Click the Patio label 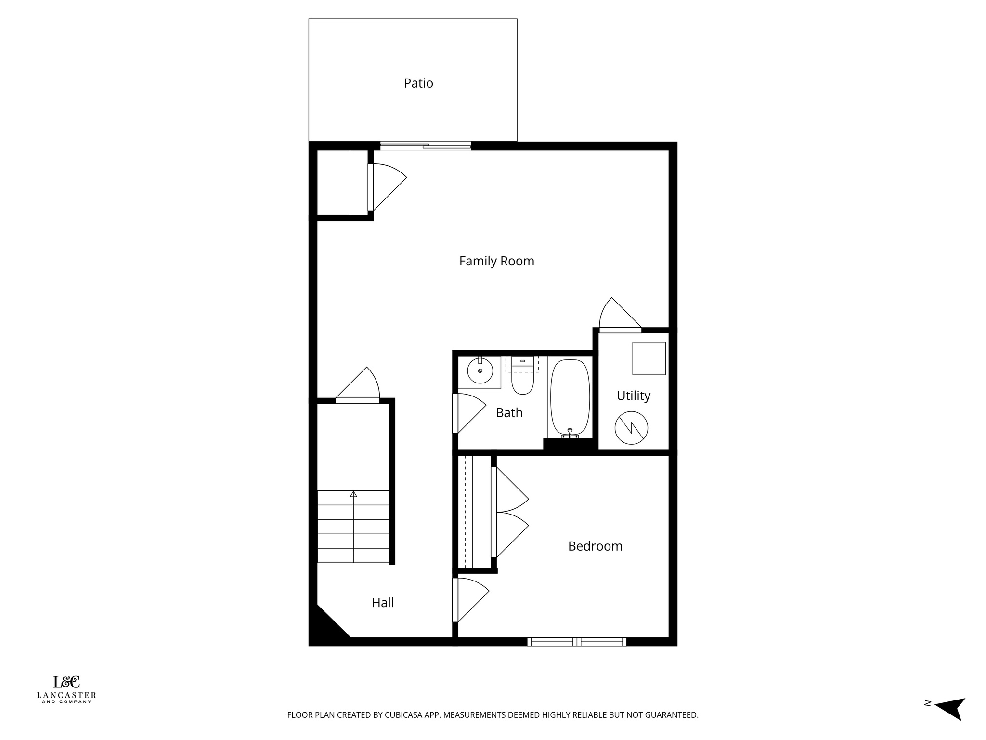click(418, 83)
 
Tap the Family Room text click(496, 261)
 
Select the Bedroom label click(595, 546)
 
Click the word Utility click(633, 396)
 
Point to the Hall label click(383, 603)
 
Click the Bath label click(509, 413)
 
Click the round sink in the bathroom click(480, 371)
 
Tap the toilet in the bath click(522, 379)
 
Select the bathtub click(570, 398)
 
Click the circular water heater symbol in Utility click(631, 428)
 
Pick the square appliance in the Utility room click(649, 358)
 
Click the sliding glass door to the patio click(426, 145)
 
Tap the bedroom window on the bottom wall click(576, 641)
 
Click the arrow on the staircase click(353, 494)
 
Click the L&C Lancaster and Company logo click(66, 689)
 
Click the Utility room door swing click(619, 316)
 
